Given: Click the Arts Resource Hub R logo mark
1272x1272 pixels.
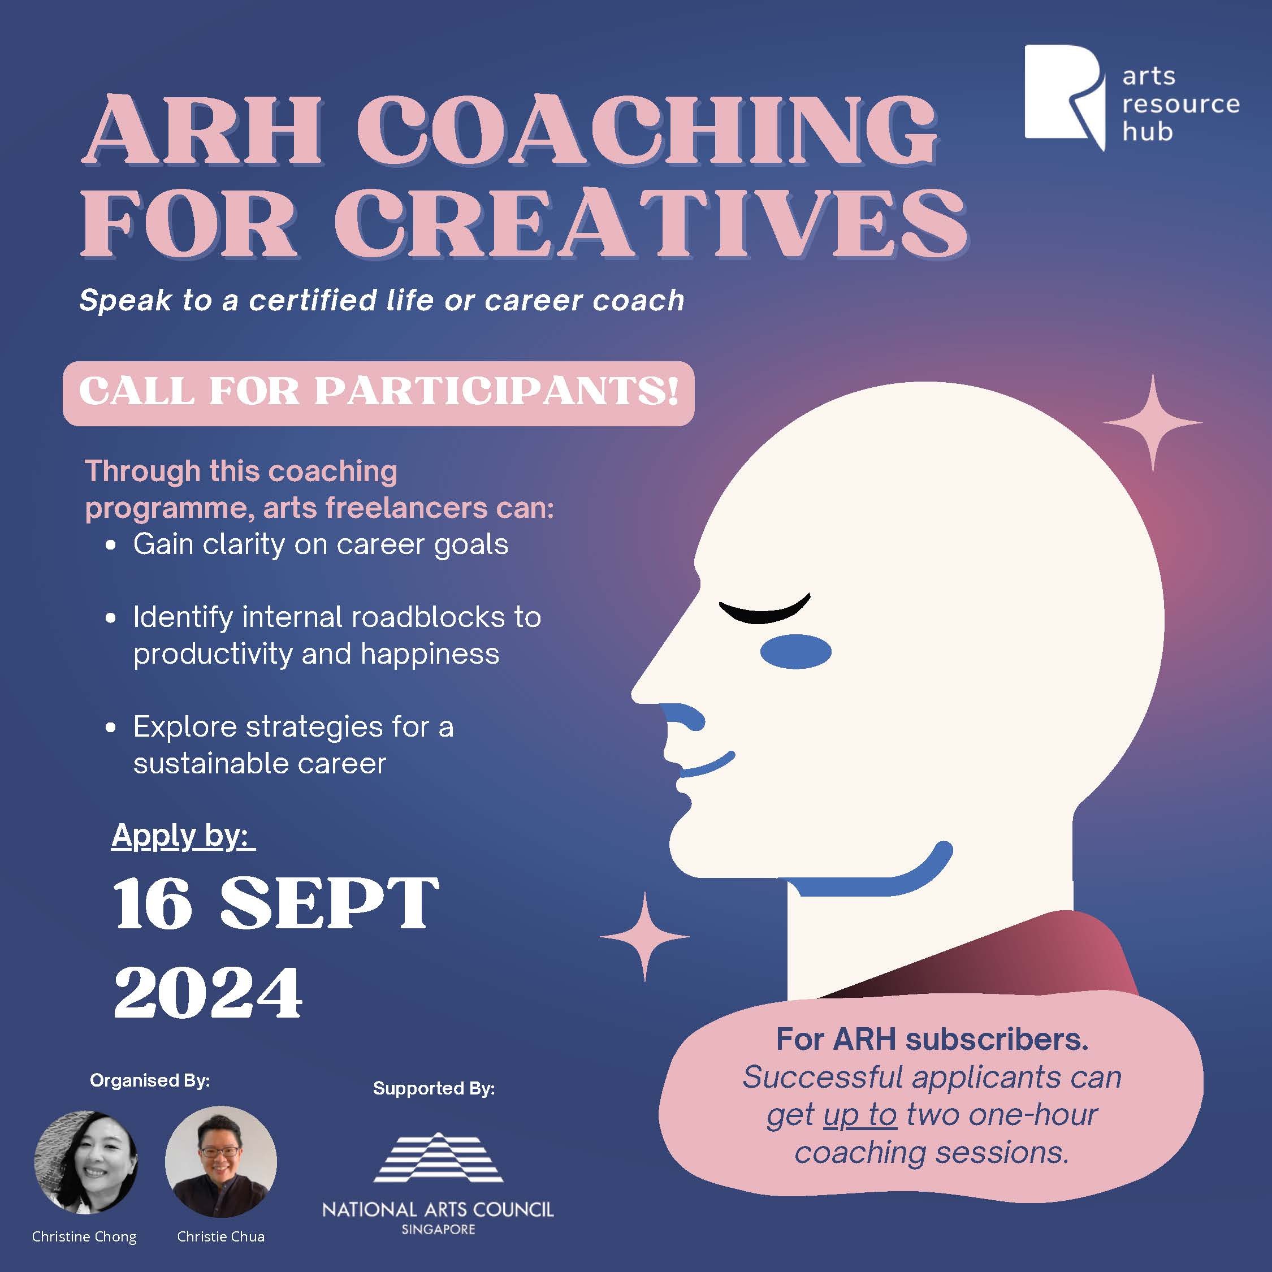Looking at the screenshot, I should pos(1063,96).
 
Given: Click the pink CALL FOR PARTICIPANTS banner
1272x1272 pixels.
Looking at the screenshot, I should pos(379,392).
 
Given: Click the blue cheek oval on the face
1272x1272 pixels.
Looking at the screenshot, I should pos(795,651).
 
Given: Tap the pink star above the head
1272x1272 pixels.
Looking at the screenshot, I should pos(1152,422).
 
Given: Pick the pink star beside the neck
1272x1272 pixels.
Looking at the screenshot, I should pos(644,936).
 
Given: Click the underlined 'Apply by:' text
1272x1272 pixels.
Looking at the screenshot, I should pos(183,836).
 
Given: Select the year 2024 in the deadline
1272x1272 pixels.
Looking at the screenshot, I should pos(208,993).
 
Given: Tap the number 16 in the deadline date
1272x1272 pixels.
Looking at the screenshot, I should pos(153,903).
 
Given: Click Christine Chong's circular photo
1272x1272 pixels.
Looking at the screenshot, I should pos(85,1163).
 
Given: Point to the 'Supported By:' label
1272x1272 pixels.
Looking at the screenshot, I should pos(434,1088).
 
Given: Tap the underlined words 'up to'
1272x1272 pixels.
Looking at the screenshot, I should pos(860,1115).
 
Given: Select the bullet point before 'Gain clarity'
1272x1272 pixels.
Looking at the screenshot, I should pos(111,546).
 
